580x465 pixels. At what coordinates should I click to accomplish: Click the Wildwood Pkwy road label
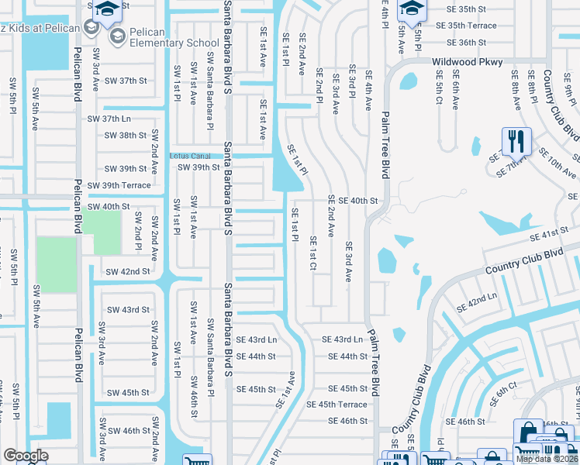(468, 62)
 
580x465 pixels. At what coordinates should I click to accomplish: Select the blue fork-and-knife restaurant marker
(516, 141)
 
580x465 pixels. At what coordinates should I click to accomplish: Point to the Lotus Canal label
(190, 156)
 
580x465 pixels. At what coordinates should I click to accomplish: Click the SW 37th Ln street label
(109, 119)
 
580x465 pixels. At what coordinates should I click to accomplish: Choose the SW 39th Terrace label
(119, 185)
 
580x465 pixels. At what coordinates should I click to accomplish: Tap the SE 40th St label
(357, 201)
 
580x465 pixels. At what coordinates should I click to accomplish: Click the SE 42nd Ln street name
(476, 303)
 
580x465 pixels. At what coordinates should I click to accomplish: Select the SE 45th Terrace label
(337, 405)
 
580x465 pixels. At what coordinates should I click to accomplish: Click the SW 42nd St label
(127, 271)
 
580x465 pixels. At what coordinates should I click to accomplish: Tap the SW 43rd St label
(127, 309)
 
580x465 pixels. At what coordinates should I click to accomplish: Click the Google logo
(26, 456)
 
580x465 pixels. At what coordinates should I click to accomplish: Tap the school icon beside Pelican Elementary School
(117, 36)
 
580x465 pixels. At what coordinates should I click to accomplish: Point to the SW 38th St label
(126, 135)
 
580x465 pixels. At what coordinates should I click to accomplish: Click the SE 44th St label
(347, 356)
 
